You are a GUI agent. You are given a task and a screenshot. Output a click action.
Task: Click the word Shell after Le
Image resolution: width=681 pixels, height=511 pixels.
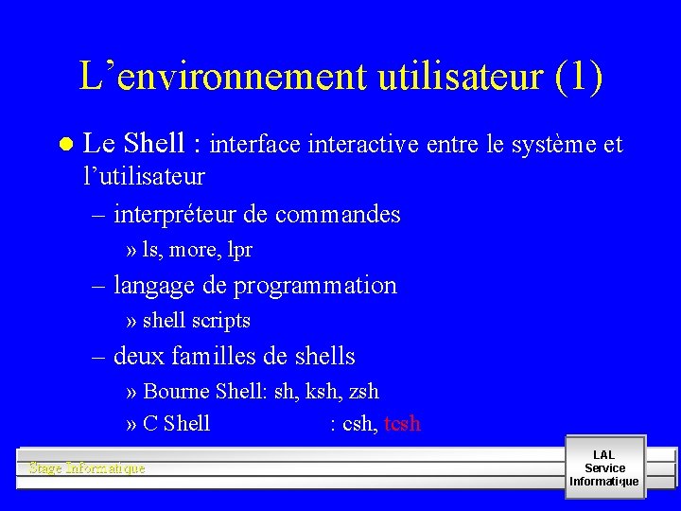click(x=155, y=144)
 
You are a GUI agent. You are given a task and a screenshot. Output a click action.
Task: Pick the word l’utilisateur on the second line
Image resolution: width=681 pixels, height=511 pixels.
click(x=144, y=177)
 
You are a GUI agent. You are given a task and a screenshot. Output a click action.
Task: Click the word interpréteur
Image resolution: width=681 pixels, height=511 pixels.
click(x=176, y=215)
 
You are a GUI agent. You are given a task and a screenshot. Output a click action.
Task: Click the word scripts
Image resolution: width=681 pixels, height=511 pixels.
click(x=221, y=321)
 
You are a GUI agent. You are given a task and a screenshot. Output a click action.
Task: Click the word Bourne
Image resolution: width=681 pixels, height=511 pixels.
click(x=177, y=391)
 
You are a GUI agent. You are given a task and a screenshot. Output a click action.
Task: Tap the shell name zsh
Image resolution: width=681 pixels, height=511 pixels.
click(x=363, y=391)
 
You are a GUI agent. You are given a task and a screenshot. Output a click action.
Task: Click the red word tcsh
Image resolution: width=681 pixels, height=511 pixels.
click(x=403, y=424)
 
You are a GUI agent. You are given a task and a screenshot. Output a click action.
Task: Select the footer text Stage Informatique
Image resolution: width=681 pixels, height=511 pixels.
click(x=87, y=467)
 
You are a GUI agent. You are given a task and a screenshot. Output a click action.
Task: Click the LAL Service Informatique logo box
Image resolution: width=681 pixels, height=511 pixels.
click(x=604, y=467)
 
